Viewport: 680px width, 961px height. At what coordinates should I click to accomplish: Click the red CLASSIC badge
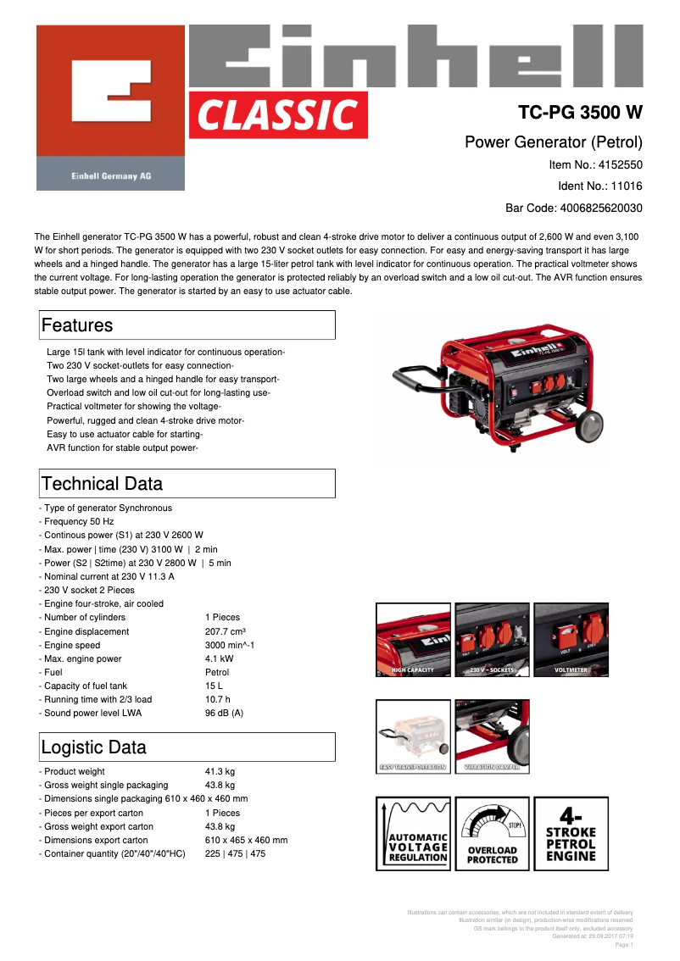[279, 114]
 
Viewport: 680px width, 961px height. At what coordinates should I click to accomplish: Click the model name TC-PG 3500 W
[580, 113]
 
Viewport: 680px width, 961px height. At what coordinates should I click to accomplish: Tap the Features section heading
[77, 325]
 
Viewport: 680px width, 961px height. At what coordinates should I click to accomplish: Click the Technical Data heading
[102, 484]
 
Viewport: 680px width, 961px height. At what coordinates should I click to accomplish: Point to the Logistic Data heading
[93, 747]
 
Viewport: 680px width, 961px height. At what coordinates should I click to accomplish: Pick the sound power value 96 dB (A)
[225, 713]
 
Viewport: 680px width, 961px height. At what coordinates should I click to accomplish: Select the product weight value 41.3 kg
[220, 771]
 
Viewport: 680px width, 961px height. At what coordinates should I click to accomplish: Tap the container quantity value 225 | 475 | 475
[235, 853]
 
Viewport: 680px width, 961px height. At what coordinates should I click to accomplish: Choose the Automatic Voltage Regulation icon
[413, 834]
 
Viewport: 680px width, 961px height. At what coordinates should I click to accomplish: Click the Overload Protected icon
[492, 834]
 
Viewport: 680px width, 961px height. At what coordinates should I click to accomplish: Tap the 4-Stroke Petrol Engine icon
[571, 834]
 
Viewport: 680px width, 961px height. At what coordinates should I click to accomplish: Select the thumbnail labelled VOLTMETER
[571, 640]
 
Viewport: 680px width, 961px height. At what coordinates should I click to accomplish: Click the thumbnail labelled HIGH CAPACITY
[413, 640]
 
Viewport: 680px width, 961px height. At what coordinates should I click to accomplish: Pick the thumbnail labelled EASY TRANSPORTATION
[413, 736]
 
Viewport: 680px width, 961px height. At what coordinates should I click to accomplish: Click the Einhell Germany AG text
[110, 175]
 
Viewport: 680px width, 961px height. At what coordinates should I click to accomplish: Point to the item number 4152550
[620, 164]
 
